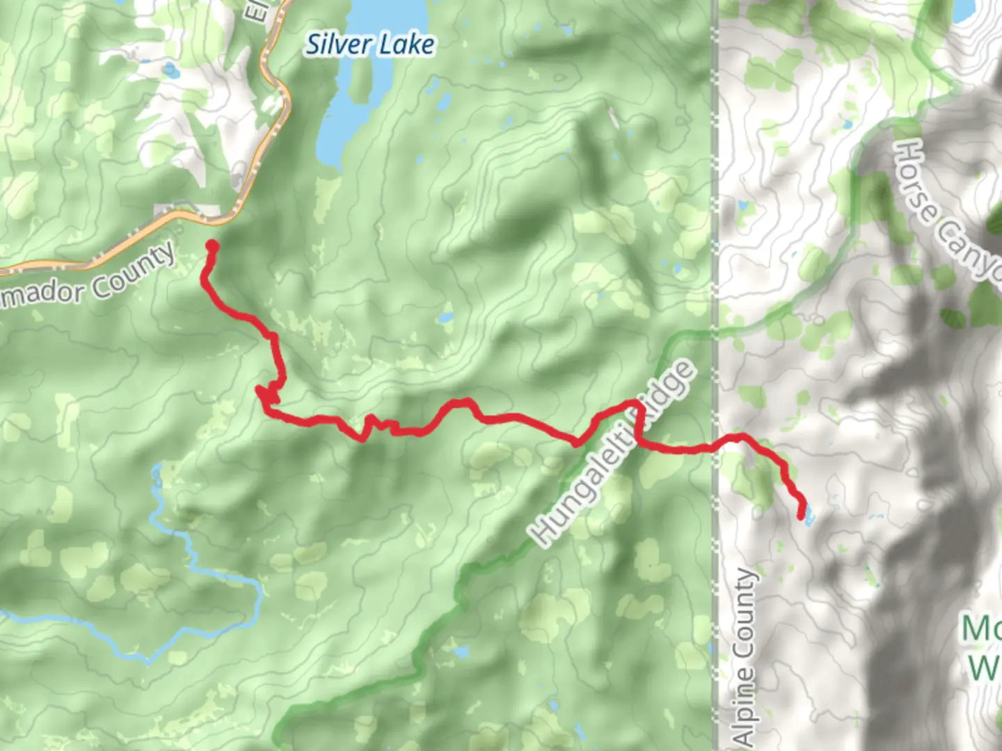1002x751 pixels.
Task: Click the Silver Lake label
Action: pyautogui.click(x=371, y=45)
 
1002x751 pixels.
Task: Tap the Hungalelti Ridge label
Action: pyautogui.click(x=612, y=452)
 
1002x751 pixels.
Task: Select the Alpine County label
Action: pyautogui.click(x=745, y=657)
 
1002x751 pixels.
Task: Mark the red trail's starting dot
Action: pyautogui.click(x=212, y=246)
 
